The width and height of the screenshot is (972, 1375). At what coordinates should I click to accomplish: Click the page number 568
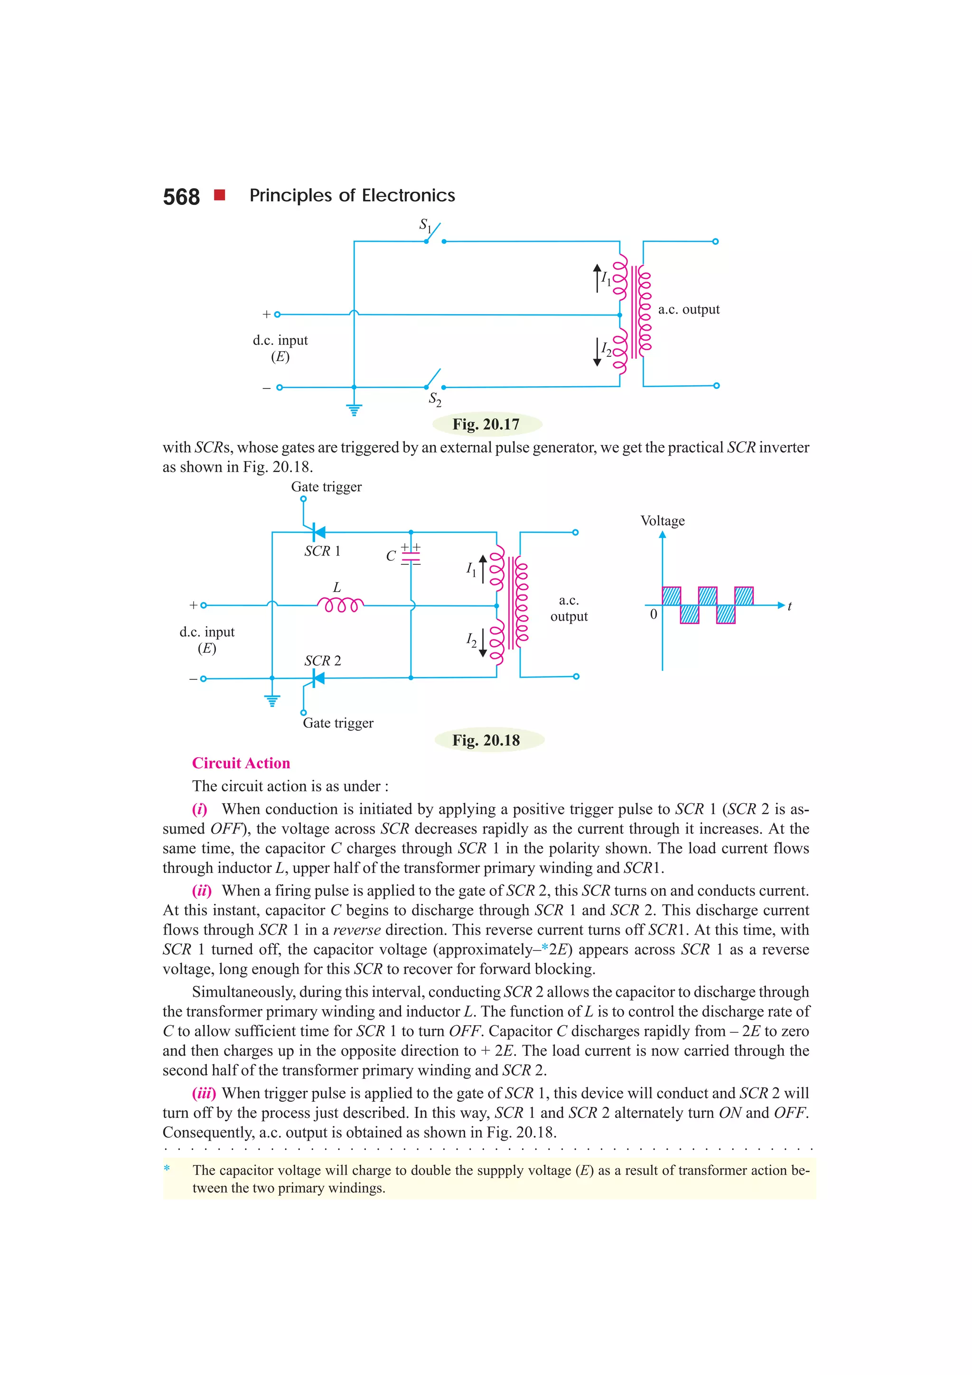pyautogui.click(x=181, y=197)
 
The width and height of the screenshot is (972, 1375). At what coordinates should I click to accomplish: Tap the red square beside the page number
pyautogui.click(x=220, y=195)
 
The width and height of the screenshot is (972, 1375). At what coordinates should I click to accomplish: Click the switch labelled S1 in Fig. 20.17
pyautogui.click(x=434, y=235)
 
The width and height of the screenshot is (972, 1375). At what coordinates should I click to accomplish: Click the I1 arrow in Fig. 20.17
pyautogui.click(x=597, y=279)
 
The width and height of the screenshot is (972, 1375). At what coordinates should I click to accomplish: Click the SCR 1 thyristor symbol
pyautogui.click(x=318, y=532)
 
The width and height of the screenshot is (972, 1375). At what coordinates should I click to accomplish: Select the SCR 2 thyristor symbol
pyautogui.click(x=318, y=678)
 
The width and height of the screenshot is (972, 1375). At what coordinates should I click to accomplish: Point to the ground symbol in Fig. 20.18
pyautogui.click(x=272, y=700)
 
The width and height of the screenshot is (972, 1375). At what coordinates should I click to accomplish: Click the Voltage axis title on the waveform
pyautogui.click(x=663, y=520)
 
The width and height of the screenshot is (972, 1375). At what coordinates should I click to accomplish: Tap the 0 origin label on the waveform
pyautogui.click(x=654, y=614)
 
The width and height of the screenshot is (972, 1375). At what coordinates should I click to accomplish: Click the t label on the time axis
pyautogui.click(x=789, y=606)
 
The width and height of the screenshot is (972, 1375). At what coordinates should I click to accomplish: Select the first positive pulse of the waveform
pyautogui.click(x=672, y=596)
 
